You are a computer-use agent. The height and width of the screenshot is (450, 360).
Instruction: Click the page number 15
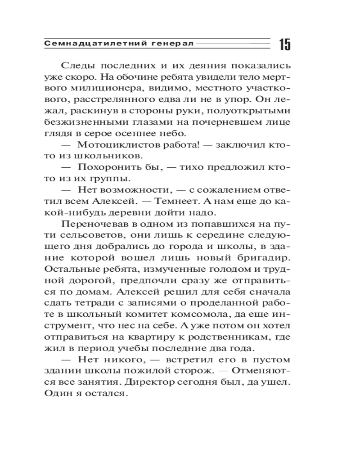tap(284, 45)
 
